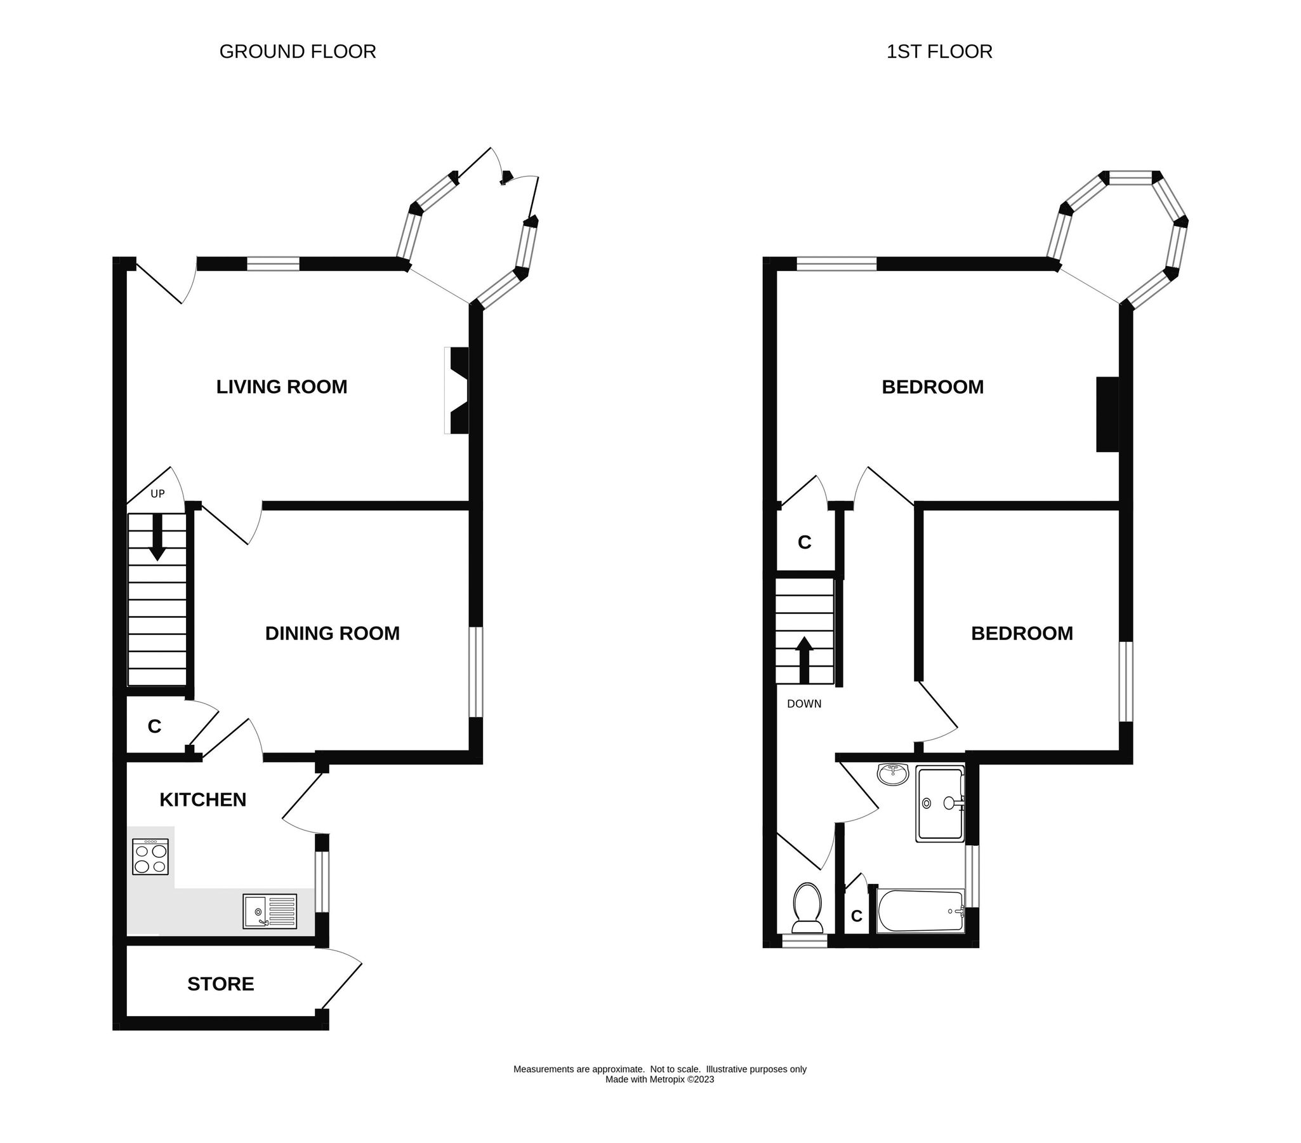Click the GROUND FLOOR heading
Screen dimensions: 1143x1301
tap(297, 51)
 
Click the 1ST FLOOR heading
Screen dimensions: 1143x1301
tap(939, 51)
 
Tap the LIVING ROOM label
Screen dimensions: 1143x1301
tap(281, 387)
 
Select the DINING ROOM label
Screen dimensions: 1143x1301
tap(333, 633)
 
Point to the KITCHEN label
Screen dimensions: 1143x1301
tap(202, 799)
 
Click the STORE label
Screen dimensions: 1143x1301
tap(220, 984)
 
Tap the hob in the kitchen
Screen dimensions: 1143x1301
tap(150, 857)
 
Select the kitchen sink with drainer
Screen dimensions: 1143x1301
tap(270, 911)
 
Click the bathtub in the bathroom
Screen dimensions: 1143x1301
tap(920, 912)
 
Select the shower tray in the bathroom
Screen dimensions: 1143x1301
tap(940, 805)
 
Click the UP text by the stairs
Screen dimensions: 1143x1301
tap(157, 493)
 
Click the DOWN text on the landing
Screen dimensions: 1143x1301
tap(804, 704)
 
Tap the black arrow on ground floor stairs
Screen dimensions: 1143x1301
tap(157, 537)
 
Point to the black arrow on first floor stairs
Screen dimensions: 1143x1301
tap(805, 660)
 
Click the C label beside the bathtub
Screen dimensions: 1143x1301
tap(857, 916)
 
